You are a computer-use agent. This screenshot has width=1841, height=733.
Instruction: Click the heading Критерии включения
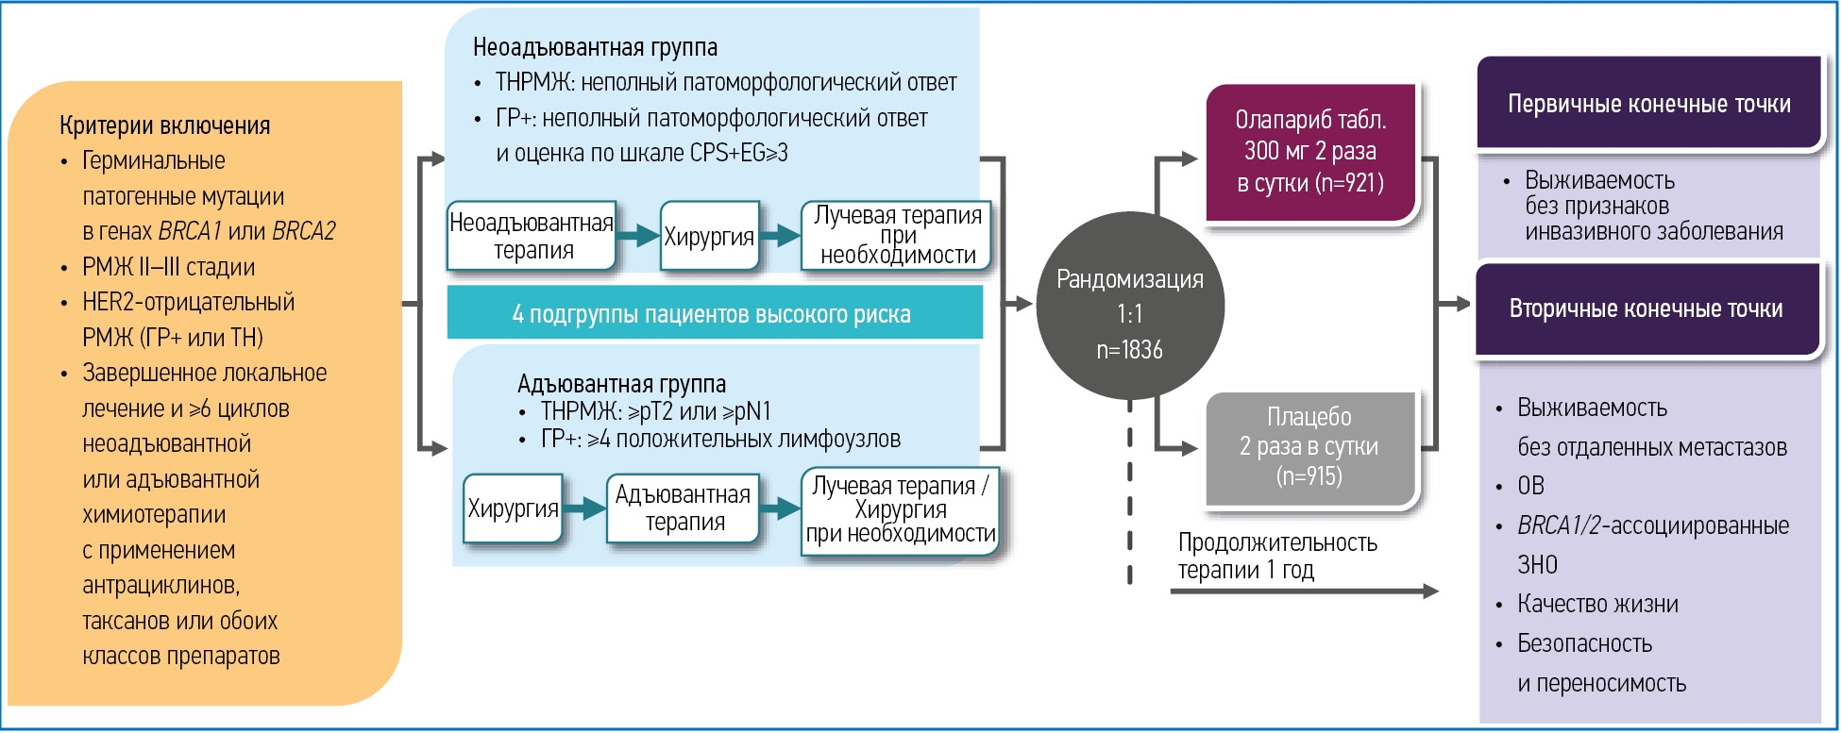pos(164,125)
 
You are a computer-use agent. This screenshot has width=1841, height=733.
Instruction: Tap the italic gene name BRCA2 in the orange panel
pos(303,231)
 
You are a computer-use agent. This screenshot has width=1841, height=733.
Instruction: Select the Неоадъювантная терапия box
pos(532,236)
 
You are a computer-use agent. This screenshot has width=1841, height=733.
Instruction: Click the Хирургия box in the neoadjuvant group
pos(709,237)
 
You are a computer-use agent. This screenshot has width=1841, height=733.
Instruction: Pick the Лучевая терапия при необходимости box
pos(897,236)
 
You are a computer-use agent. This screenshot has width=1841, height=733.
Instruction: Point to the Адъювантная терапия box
pos(684,508)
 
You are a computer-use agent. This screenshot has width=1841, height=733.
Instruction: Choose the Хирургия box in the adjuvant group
pos(513,508)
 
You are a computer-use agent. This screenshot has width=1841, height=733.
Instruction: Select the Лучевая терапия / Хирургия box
pos(900,509)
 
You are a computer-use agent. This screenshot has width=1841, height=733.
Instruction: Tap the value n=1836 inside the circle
pos(1129,350)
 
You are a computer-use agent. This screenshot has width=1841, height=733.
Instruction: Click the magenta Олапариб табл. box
pos(1310,152)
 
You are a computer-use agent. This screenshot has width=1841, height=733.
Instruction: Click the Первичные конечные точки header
pos(1648,104)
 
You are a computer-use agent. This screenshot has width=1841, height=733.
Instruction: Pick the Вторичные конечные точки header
pos(1647,308)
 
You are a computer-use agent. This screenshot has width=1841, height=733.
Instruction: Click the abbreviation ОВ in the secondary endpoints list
pos(1530,486)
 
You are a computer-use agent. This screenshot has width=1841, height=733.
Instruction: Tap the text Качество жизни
pos(1597,604)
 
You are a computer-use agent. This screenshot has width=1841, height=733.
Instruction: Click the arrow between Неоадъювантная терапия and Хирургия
pos(639,236)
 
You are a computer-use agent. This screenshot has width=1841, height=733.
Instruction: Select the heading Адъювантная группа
pos(621,384)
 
